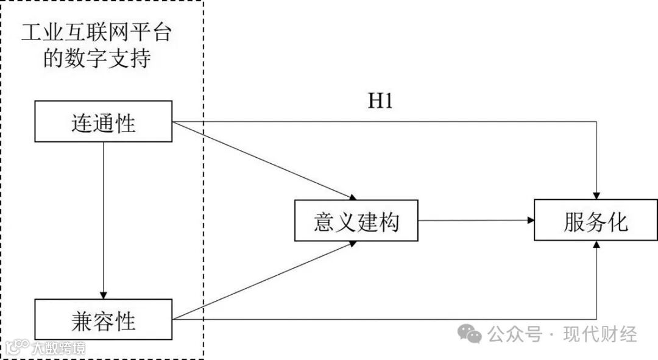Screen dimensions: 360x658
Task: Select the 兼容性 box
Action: pyautogui.click(x=103, y=319)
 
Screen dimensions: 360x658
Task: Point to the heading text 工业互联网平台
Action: pyautogui.click(x=96, y=32)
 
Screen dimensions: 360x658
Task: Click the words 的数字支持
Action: pyautogui.click(x=96, y=60)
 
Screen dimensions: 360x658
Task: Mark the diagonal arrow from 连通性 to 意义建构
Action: pyautogui.click(x=262, y=160)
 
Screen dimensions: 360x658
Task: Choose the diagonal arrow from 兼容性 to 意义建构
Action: pyautogui.click(x=262, y=281)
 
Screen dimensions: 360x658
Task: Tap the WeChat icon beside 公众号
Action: pyautogui.click(x=470, y=333)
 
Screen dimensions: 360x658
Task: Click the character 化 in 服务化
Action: pyautogui.click(x=618, y=222)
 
